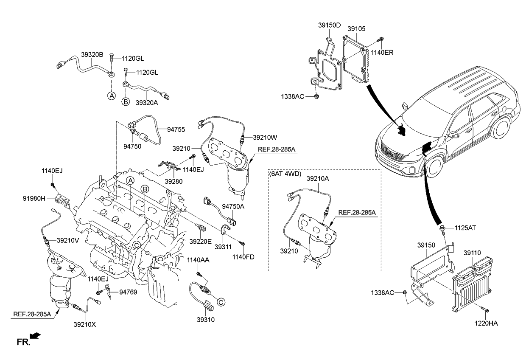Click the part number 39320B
tap(92, 55)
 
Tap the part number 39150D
tap(330, 25)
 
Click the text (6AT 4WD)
tap(285, 174)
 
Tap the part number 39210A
tap(318, 179)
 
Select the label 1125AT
tap(465, 228)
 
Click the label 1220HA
tap(486, 323)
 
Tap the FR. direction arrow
tap(36, 336)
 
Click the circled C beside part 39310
tap(221, 302)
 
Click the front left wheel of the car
tap(434, 165)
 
